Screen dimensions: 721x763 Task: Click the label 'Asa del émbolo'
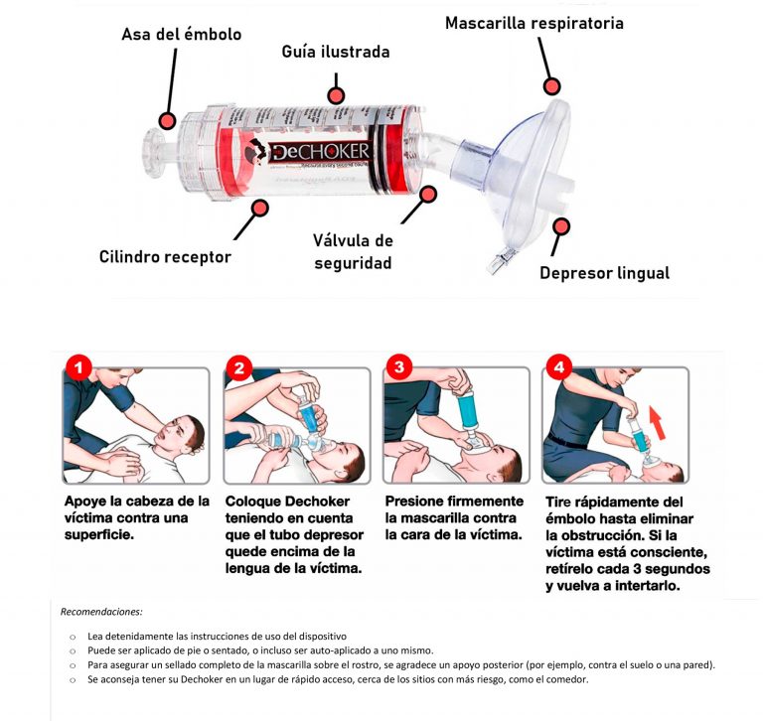(181, 34)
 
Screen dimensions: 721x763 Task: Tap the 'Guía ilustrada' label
(336, 52)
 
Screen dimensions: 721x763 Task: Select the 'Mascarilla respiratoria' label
(534, 22)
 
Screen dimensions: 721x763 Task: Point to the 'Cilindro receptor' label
(165, 257)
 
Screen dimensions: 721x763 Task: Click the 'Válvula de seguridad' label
(354, 252)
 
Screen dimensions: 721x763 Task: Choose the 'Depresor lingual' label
(604, 272)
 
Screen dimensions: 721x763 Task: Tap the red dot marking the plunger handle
(168, 121)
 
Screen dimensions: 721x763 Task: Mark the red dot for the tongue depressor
(560, 226)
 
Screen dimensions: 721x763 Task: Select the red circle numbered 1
(78, 369)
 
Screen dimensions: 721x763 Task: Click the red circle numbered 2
(238, 369)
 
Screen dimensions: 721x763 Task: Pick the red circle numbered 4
(558, 369)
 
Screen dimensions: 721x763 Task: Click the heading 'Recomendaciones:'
(101, 612)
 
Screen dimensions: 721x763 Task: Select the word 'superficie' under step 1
(96, 534)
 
